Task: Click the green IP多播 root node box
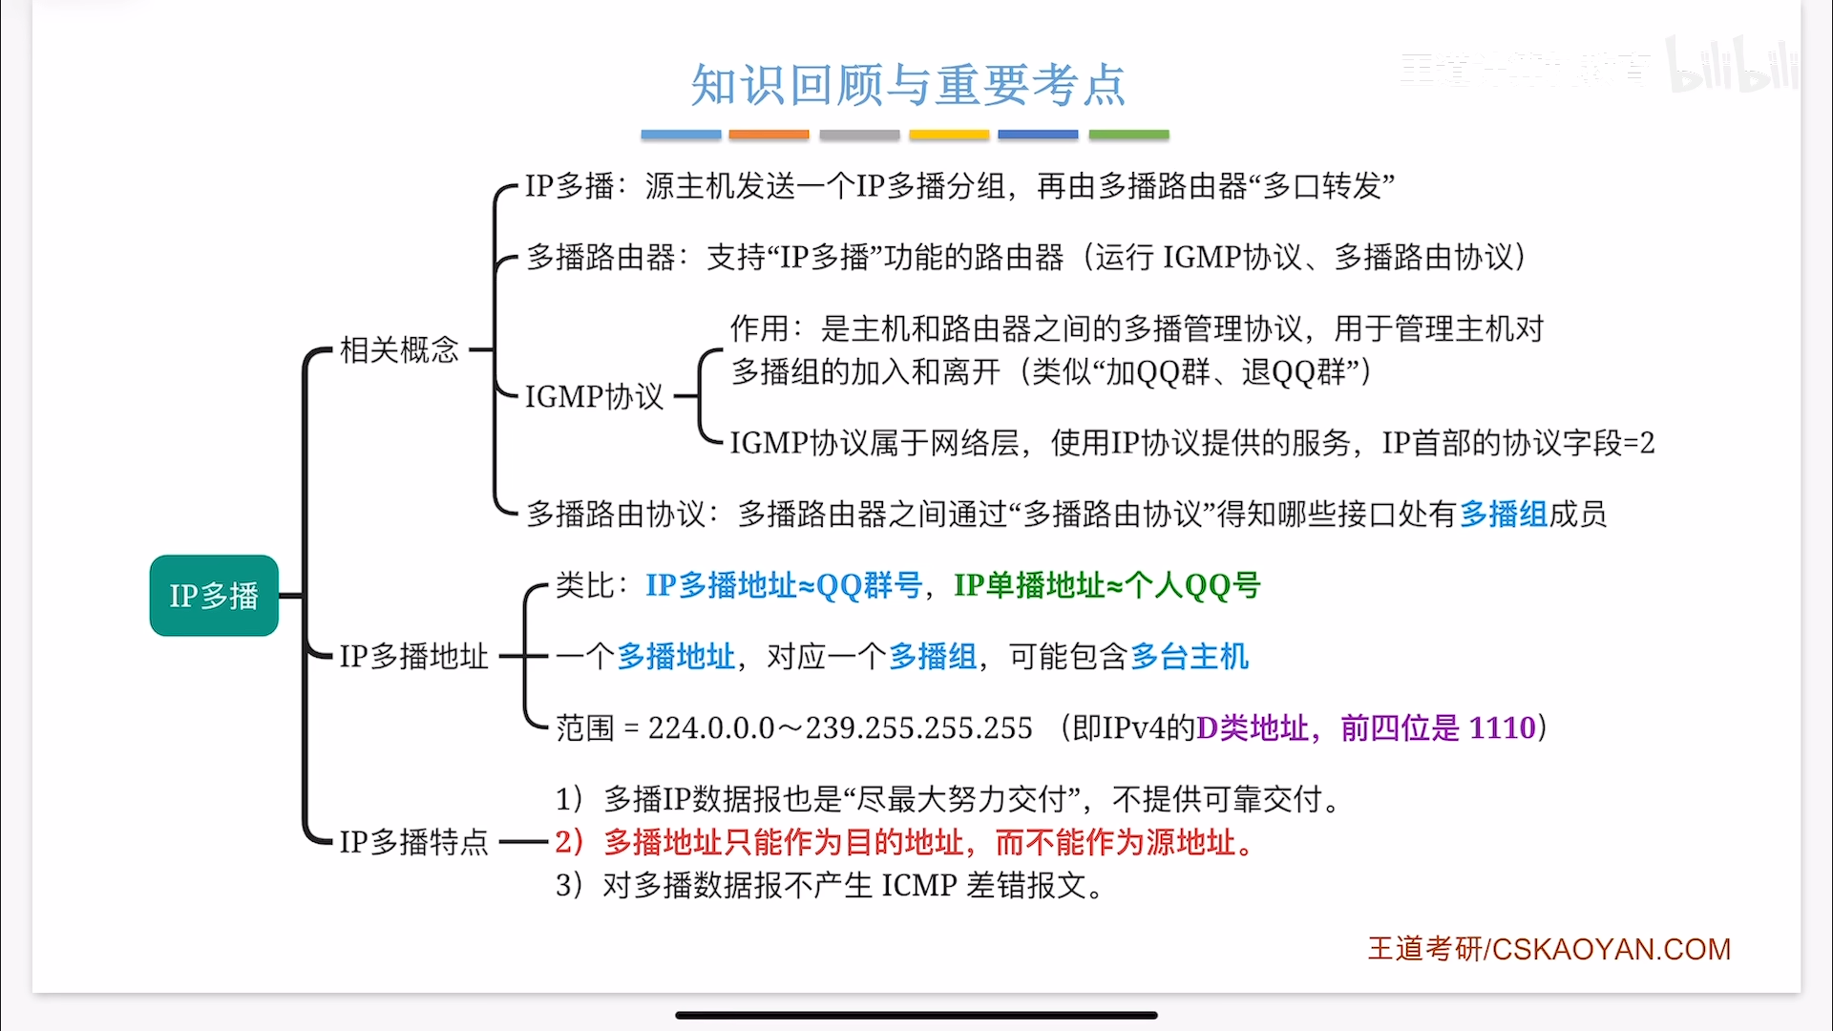point(214,596)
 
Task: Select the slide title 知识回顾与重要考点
point(908,85)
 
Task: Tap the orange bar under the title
point(769,136)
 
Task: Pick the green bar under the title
point(1128,136)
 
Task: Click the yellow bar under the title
point(949,136)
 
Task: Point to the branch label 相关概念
point(400,349)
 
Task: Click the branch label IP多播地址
point(414,657)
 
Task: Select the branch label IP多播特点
point(414,842)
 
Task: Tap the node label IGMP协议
point(594,396)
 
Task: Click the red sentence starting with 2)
point(905,842)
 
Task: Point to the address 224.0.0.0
point(711,728)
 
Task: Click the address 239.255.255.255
point(919,728)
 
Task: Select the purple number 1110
point(1502,727)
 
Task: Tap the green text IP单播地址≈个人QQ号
point(1107,585)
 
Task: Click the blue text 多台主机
point(1190,657)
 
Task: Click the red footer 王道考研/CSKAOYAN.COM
point(1549,949)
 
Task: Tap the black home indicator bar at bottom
point(916,1015)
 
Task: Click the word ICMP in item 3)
point(919,886)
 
